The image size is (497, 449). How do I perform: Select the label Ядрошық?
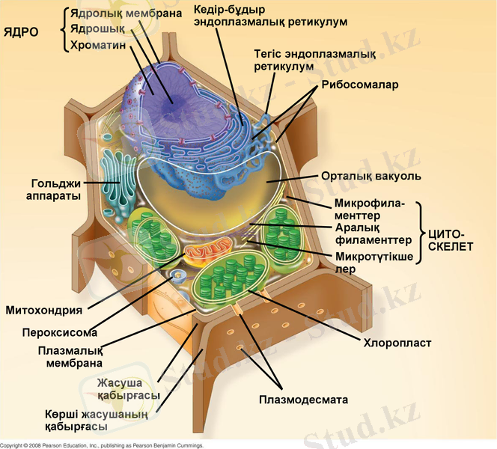coord(97,29)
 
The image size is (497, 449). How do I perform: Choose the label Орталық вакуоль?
coord(371,177)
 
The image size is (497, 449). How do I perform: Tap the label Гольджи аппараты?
coord(56,189)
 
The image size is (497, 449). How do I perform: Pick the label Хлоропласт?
coord(397,344)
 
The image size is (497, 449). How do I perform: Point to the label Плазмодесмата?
coord(304,400)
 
